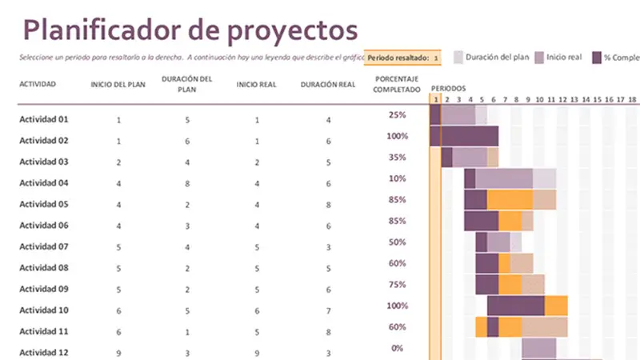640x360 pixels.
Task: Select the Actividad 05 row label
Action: click(x=44, y=204)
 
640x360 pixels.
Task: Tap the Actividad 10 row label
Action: click(x=44, y=310)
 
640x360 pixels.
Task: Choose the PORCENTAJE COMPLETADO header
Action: click(x=397, y=85)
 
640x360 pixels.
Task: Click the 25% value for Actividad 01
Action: click(x=398, y=115)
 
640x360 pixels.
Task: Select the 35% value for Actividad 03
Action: click(x=398, y=158)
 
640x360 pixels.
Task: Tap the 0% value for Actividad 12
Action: click(x=398, y=349)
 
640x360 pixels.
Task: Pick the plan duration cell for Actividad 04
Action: click(x=186, y=183)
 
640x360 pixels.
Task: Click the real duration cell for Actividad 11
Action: click(x=328, y=332)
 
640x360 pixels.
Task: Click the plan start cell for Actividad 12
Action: click(x=118, y=353)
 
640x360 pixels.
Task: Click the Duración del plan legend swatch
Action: click(x=458, y=58)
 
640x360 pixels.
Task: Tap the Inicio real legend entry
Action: click(x=558, y=58)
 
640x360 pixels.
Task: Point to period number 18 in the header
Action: click(x=632, y=99)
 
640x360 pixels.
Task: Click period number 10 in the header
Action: click(x=539, y=99)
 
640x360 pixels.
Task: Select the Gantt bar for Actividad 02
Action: click(x=464, y=136)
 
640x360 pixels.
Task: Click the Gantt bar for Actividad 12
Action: click(x=538, y=348)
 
